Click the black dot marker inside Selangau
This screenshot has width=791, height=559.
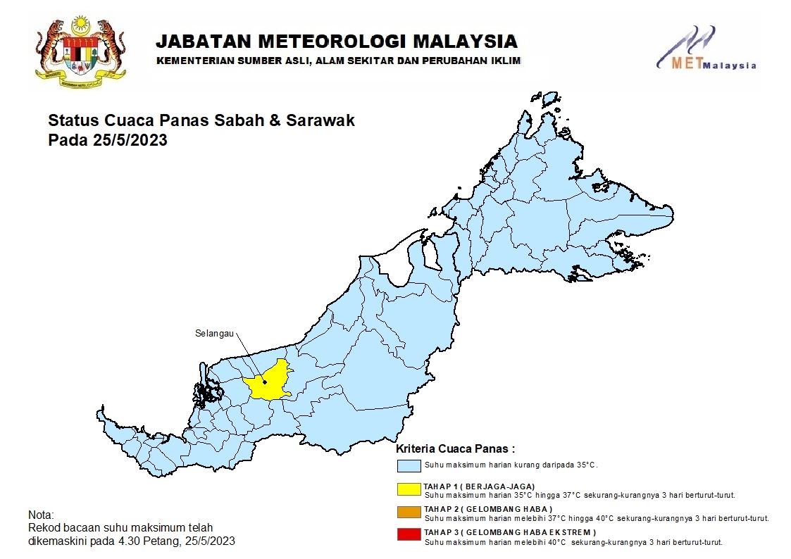point(265,382)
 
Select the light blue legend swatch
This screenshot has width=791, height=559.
point(409,465)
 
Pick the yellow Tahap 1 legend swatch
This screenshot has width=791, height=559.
point(409,489)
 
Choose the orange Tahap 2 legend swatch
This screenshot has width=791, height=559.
point(409,513)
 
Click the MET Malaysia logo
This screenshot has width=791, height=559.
point(704,49)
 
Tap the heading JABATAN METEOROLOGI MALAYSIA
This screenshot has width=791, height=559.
point(336,41)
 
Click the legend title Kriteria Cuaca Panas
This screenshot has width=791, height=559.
point(455,448)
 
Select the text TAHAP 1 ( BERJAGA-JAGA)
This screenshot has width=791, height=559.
point(479,486)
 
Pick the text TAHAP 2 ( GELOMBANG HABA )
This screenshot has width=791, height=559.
point(487,509)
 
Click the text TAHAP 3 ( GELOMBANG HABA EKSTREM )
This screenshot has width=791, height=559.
point(509,532)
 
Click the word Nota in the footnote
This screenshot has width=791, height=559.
point(41,515)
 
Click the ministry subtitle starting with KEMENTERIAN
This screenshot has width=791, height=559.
point(338,61)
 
